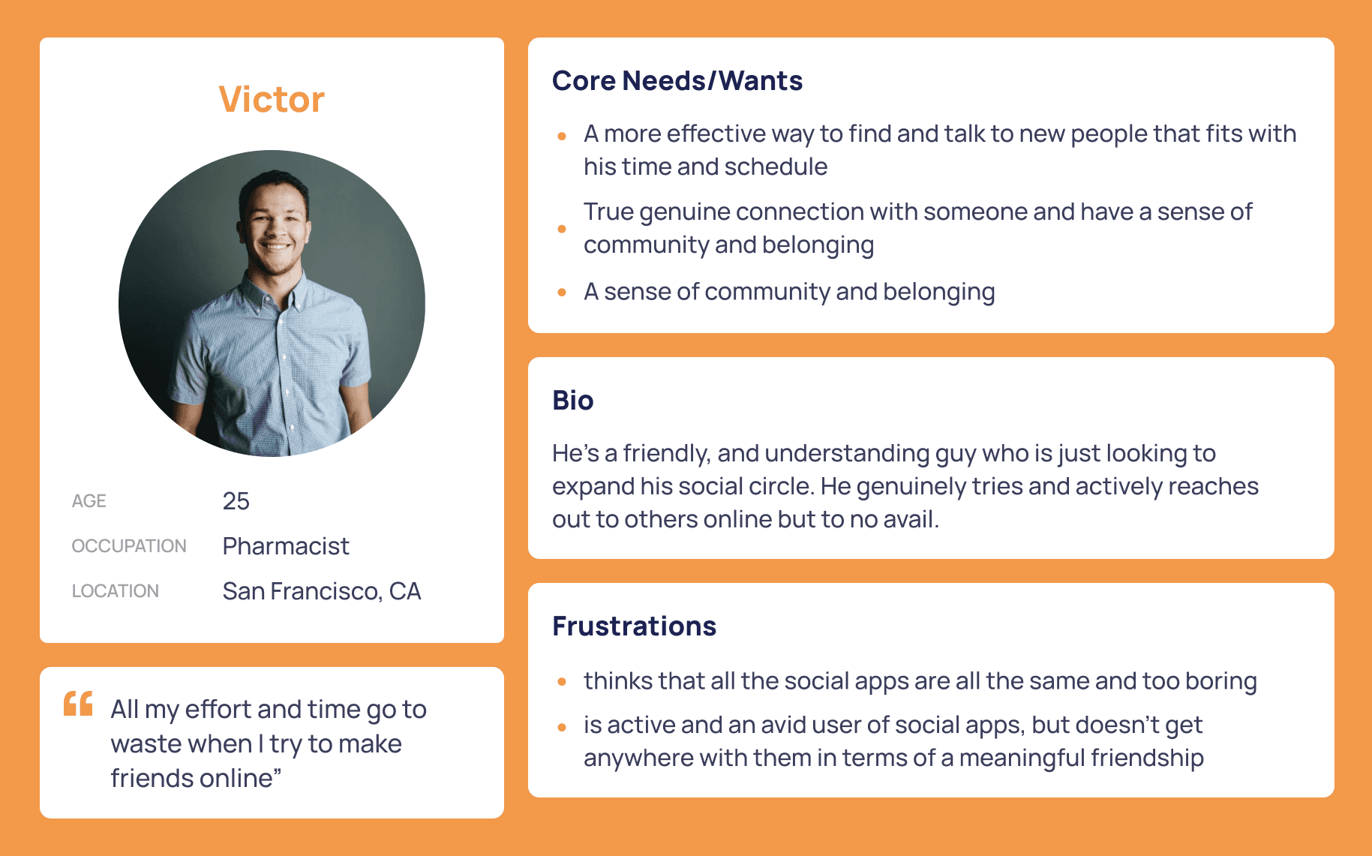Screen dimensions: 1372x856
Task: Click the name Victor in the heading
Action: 272,100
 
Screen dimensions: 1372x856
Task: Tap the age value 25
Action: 236,501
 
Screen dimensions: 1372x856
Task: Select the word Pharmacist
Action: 286,546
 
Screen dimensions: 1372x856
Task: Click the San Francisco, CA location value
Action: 322,591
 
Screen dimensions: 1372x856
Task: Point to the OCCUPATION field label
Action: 129,546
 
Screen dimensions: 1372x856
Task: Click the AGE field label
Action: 89,501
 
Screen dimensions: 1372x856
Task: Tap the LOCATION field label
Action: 115,591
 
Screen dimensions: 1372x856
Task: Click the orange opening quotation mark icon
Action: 78,703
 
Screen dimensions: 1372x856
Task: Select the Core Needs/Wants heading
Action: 677,81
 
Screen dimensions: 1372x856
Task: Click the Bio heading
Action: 573,401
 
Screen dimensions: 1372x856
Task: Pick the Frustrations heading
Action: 635,626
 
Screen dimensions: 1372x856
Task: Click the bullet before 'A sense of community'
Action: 562,293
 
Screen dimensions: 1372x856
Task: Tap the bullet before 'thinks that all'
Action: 562,682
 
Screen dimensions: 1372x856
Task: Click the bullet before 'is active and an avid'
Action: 562,726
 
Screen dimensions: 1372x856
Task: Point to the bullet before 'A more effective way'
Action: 562,136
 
